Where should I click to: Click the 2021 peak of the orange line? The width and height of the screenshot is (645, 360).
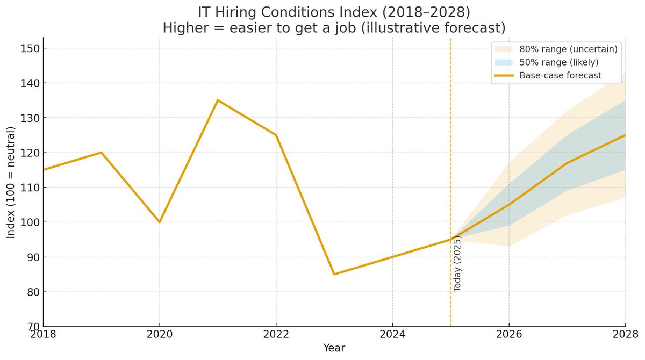coord(218,100)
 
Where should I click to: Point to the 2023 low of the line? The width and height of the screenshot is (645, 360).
coord(334,274)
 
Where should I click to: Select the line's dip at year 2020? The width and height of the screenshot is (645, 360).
coord(160,222)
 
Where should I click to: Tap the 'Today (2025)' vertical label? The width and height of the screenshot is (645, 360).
coord(458,263)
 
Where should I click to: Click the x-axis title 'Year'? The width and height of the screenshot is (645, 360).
coord(334,348)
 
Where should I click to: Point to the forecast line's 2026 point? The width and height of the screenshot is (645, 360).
coord(509,205)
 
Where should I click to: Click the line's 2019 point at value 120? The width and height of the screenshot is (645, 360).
coord(102,153)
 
